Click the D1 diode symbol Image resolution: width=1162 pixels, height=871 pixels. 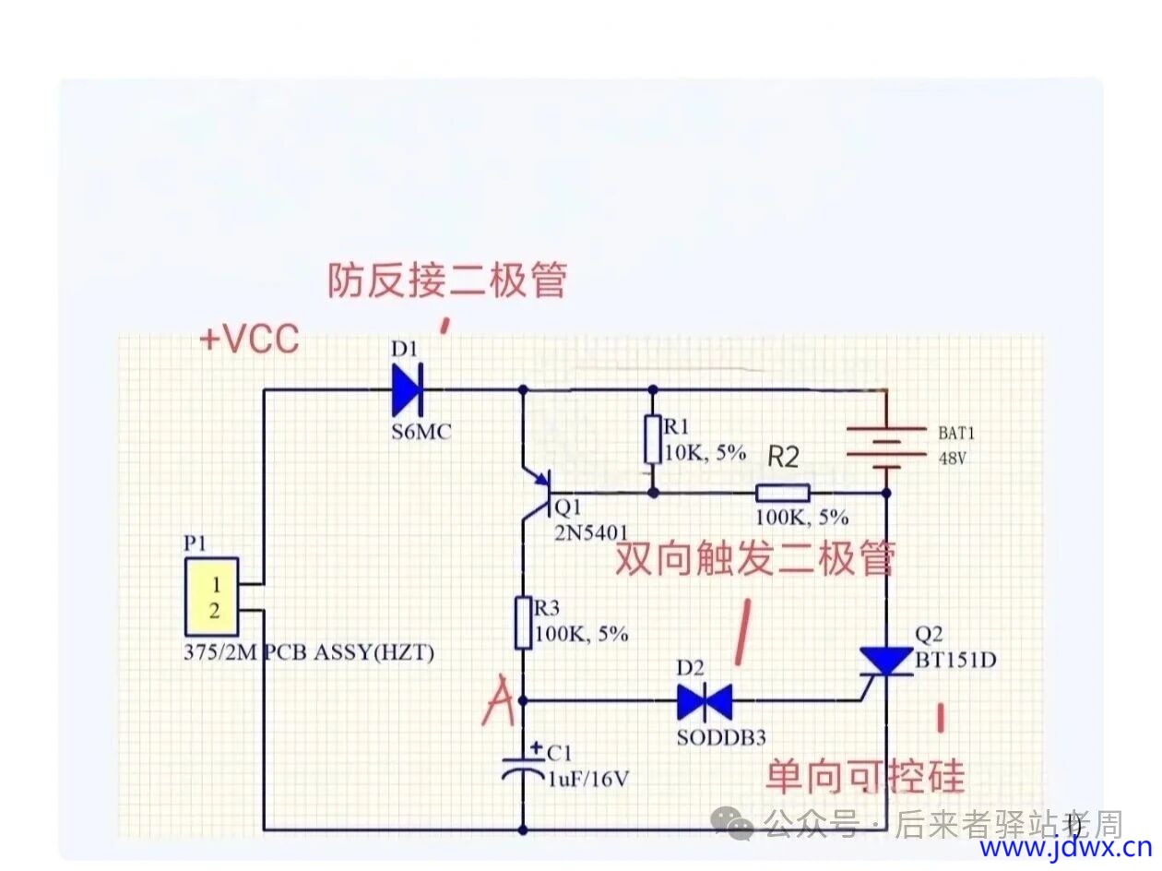coord(407,390)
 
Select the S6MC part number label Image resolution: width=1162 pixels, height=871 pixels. coord(421,431)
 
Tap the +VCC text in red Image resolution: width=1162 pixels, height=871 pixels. coord(249,340)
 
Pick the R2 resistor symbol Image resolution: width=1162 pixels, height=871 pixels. coord(783,493)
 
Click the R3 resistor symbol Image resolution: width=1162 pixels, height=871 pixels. coord(523,622)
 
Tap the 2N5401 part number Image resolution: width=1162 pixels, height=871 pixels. coord(590,533)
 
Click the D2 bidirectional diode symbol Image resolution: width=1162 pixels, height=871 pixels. coord(705,702)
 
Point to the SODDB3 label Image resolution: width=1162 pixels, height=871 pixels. coord(721,738)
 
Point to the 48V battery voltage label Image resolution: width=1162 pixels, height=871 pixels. coord(954,458)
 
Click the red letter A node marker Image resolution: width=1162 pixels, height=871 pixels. coord(500,700)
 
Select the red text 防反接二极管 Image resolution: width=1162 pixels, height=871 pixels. coord(447,280)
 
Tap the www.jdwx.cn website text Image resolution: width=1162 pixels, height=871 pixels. coord(1065,847)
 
